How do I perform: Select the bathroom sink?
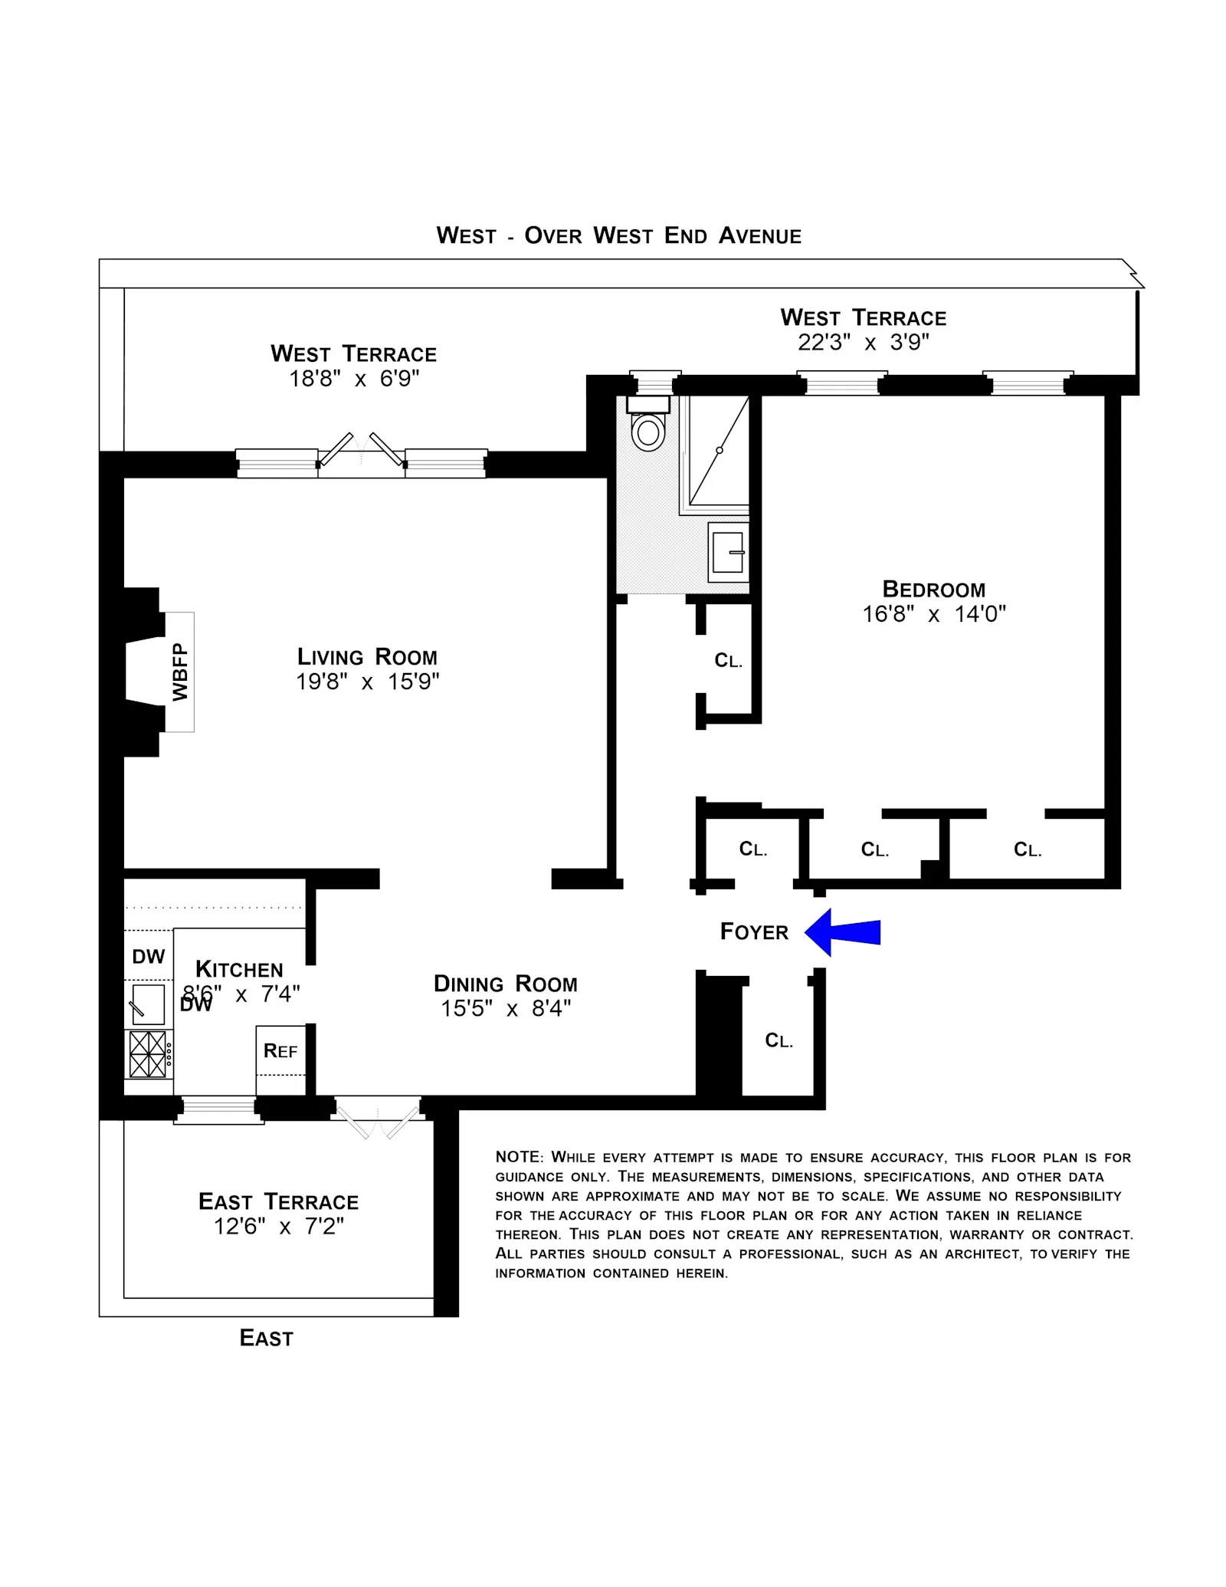727,552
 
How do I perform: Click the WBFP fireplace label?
180,672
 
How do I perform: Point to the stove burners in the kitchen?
148,1054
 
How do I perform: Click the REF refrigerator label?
280,1051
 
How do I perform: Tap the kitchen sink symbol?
148,1004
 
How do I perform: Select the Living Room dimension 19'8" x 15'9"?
368,682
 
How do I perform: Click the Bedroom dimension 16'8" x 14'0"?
934,614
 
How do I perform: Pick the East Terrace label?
278,1201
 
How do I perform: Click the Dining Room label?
506,984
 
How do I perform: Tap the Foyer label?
754,932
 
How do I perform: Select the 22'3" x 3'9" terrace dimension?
864,342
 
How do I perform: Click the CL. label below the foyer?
779,1040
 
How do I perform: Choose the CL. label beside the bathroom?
728,661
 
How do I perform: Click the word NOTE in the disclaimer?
519,1157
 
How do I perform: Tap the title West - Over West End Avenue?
619,235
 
